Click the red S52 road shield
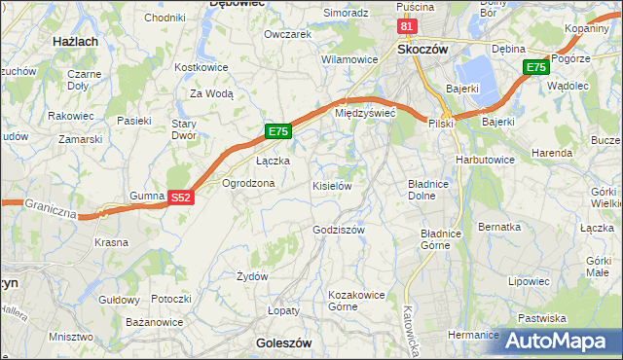point(180,198)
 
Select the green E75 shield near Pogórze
point(535,67)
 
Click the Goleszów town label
point(283,343)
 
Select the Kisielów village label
point(331,185)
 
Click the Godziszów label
point(338,230)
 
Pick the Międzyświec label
point(364,113)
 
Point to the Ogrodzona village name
point(248,183)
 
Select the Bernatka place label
point(499,227)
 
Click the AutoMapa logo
point(559,341)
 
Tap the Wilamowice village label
point(349,59)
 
